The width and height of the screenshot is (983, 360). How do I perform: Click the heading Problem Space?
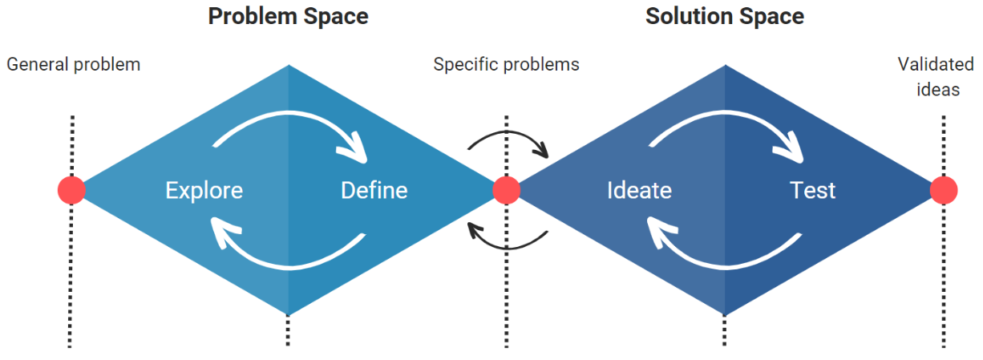pyautogui.click(x=288, y=16)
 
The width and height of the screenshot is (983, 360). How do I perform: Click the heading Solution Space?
pyautogui.click(x=724, y=16)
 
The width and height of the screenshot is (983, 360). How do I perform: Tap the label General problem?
pyautogui.click(x=73, y=64)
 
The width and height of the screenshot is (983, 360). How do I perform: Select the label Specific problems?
pyautogui.click(x=506, y=64)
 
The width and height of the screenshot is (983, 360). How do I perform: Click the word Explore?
pyautogui.click(x=204, y=191)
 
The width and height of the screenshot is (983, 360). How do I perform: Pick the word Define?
pyautogui.click(x=374, y=191)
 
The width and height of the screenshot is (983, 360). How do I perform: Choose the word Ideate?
pyautogui.click(x=639, y=191)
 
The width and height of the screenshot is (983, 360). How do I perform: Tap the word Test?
pyautogui.click(x=812, y=191)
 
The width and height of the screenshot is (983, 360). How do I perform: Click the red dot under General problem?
pyautogui.click(x=71, y=190)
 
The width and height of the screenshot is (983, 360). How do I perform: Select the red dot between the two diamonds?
pyautogui.click(x=506, y=190)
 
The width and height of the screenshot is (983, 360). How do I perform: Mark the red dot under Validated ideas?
pyautogui.click(x=944, y=190)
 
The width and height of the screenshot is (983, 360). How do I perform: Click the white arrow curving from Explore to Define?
pyautogui.click(x=289, y=116)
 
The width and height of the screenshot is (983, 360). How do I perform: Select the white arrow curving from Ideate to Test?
pyautogui.click(x=726, y=116)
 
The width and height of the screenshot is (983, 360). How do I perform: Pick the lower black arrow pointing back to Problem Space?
pyautogui.click(x=508, y=242)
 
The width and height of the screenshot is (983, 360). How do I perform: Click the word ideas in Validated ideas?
pyautogui.click(x=939, y=89)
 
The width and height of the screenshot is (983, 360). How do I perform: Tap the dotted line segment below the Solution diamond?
pyautogui.click(x=725, y=330)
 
